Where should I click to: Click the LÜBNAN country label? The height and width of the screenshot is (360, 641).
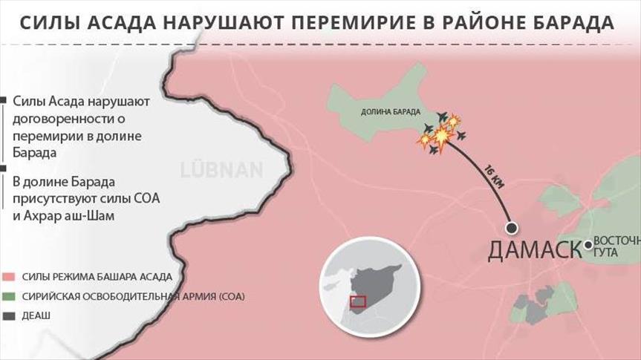coord(221,169)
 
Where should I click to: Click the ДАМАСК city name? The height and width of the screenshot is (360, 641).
coord(534,250)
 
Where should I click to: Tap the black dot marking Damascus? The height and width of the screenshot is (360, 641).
coord(511,228)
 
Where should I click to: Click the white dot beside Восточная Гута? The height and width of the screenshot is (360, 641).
coord(588,244)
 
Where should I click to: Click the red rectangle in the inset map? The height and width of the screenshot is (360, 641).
coord(359,301)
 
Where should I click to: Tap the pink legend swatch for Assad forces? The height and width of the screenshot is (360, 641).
coord(8,277)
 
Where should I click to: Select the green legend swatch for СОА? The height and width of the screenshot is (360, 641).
coord(8,296)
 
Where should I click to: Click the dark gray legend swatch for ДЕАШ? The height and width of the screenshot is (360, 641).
coord(8,315)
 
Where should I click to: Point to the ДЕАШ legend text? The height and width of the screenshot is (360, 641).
coord(36,315)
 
